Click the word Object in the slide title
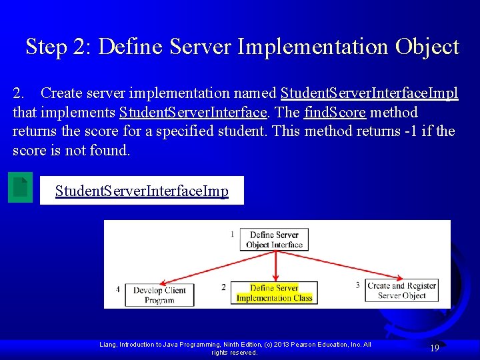427,47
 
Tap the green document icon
20,187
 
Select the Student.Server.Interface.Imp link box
142,191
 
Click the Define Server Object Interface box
274,239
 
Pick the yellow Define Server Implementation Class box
274,293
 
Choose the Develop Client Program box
159,295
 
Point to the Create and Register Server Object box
401,290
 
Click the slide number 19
434,347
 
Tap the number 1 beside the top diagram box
232,234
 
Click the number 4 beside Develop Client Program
118,289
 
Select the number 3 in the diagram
357,285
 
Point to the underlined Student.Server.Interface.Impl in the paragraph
369,93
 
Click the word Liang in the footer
108,344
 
